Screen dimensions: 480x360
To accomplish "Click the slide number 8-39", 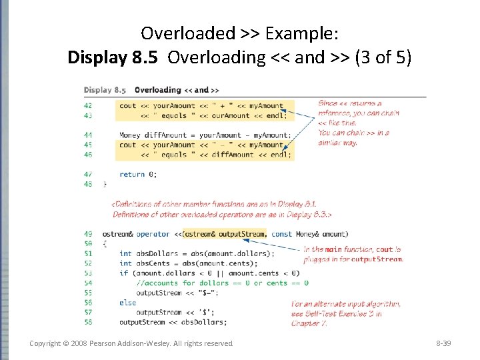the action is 442,343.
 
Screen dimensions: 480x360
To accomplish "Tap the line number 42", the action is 88,105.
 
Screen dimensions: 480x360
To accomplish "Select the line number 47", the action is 88,174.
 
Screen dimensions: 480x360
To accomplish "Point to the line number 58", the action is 88,322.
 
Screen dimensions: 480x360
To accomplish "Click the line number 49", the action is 88,234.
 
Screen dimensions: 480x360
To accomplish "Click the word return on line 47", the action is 132,174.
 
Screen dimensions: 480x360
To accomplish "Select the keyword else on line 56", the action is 127,303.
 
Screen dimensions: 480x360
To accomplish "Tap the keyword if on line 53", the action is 124,273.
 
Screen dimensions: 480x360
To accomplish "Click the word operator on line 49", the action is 153,234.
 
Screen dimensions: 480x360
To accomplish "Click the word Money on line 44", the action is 130,135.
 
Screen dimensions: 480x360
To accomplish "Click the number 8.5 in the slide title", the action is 145,57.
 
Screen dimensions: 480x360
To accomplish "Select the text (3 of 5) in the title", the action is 383,57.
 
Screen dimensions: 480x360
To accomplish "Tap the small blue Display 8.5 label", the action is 105,90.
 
